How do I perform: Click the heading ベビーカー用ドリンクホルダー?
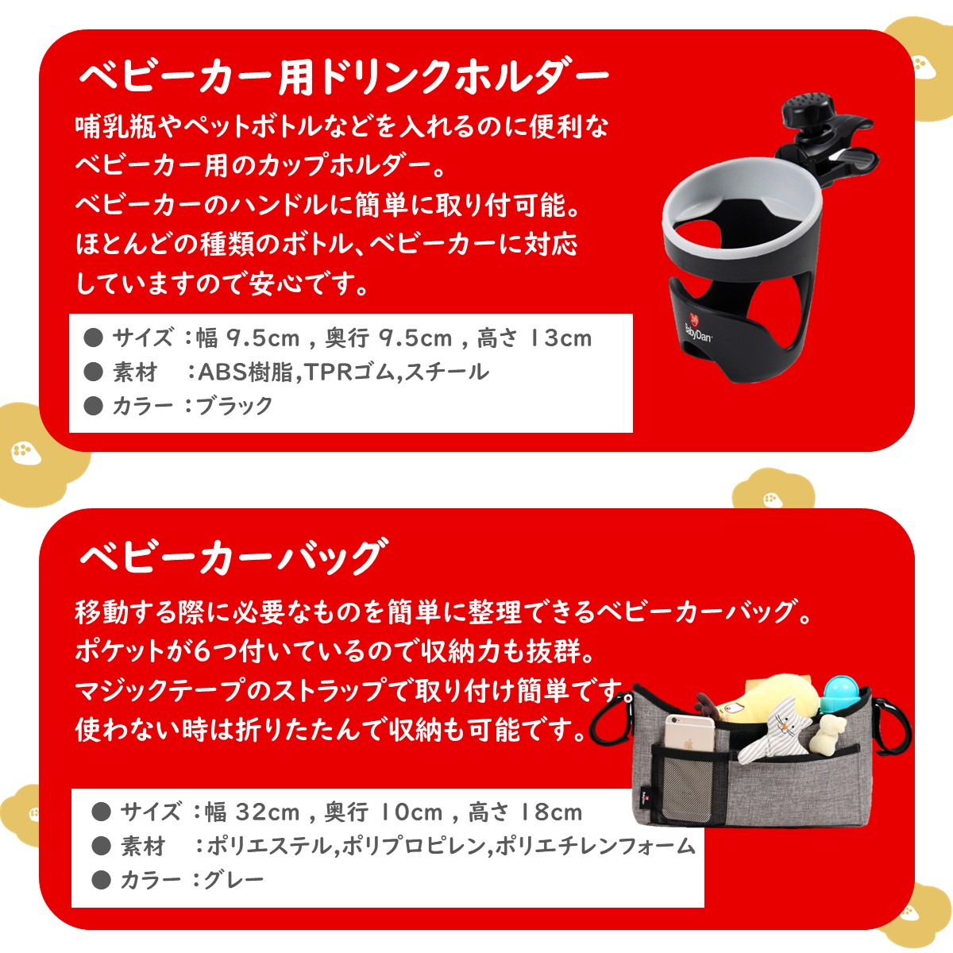343,77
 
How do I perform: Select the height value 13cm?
561,338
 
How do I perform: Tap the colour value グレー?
233,880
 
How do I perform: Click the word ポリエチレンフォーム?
595,847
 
